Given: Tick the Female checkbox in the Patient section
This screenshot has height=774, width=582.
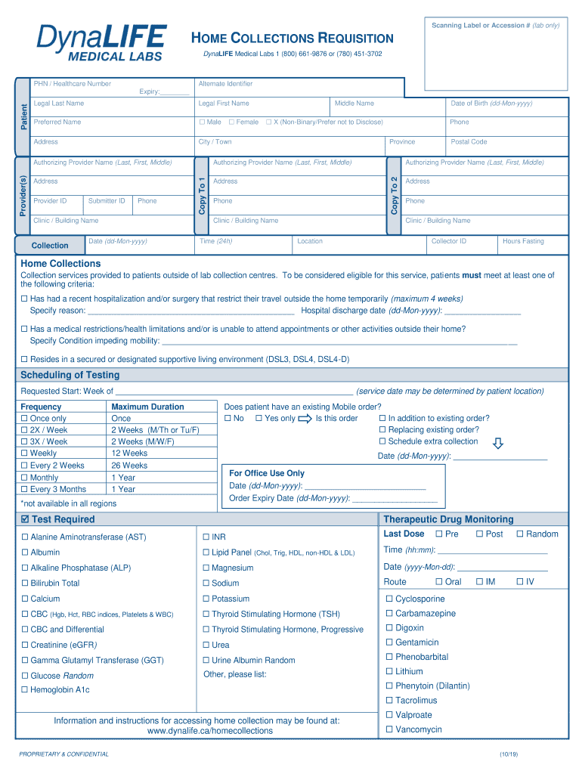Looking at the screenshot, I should tap(231, 122).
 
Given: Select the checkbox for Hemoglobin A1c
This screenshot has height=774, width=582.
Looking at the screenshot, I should tap(25, 690).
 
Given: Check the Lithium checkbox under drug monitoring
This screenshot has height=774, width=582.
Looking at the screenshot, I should tap(390, 671).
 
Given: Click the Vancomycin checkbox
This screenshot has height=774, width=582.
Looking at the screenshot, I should tap(390, 729).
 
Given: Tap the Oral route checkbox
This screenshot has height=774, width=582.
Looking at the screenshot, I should tap(439, 582).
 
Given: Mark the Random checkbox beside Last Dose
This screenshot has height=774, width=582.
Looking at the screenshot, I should tap(520, 534).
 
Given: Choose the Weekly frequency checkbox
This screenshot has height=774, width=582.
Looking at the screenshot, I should tap(25, 454).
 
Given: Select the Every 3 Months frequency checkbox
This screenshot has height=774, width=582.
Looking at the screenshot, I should tap(25, 489).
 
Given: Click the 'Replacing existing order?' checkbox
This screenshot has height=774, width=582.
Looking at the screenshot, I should tap(382, 430).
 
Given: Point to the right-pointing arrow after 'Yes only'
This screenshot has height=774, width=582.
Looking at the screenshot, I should tap(305, 419).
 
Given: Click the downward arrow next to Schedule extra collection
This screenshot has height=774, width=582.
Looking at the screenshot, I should tap(497, 442).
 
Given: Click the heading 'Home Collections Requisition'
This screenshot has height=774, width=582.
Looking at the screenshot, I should tap(292, 38).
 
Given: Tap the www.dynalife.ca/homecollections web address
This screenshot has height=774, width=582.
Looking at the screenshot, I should tap(210, 731).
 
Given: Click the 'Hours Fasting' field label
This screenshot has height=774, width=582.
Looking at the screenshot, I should tap(523, 241).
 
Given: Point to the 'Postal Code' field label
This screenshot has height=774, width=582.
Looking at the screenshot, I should tap(469, 142).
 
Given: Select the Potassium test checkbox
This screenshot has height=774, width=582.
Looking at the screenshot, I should tap(206, 599).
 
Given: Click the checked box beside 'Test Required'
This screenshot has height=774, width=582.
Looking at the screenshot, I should tap(25, 519).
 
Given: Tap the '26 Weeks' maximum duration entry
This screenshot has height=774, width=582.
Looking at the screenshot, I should tap(129, 466).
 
